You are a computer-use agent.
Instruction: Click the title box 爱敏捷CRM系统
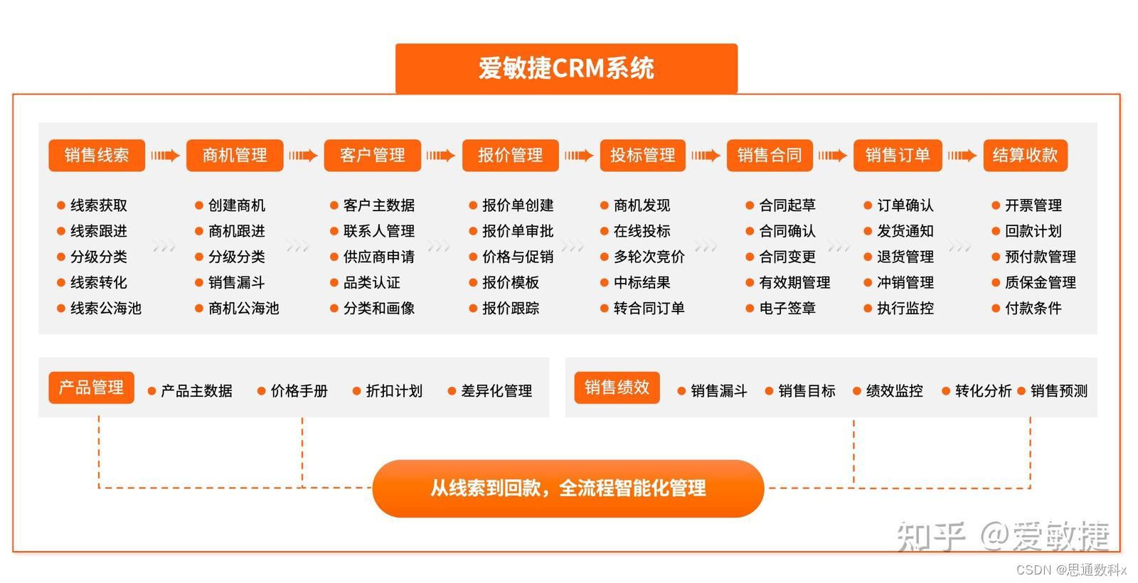pos(566,68)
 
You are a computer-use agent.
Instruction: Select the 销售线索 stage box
pos(97,155)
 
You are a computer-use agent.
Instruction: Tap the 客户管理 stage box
pos(372,155)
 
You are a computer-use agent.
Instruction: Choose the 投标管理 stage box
pos(642,155)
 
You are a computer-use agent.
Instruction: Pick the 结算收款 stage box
pos(1025,155)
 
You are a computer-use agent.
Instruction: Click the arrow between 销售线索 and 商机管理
pos(165,155)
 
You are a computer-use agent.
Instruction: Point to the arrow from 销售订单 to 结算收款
pos(962,155)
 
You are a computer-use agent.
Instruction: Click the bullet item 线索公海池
pos(105,308)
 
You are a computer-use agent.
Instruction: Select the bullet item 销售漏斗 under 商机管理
pos(236,282)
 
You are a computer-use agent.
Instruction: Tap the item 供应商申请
pos(378,257)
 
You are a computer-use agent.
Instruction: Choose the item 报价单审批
pos(517,231)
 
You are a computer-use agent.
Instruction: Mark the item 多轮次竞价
pos(649,257)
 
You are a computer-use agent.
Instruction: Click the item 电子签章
pos(787,308)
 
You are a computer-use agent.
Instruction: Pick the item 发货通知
pos(905,231)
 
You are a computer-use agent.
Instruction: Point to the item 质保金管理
pos(1040,282)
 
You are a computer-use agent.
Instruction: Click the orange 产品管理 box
pos(91,387)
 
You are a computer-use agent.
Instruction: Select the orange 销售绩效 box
pos(617,387)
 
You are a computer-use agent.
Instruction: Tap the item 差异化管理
pos(496,390)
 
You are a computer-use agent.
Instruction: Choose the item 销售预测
pos(1058,390)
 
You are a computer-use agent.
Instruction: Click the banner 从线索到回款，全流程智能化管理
pos(568,488)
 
